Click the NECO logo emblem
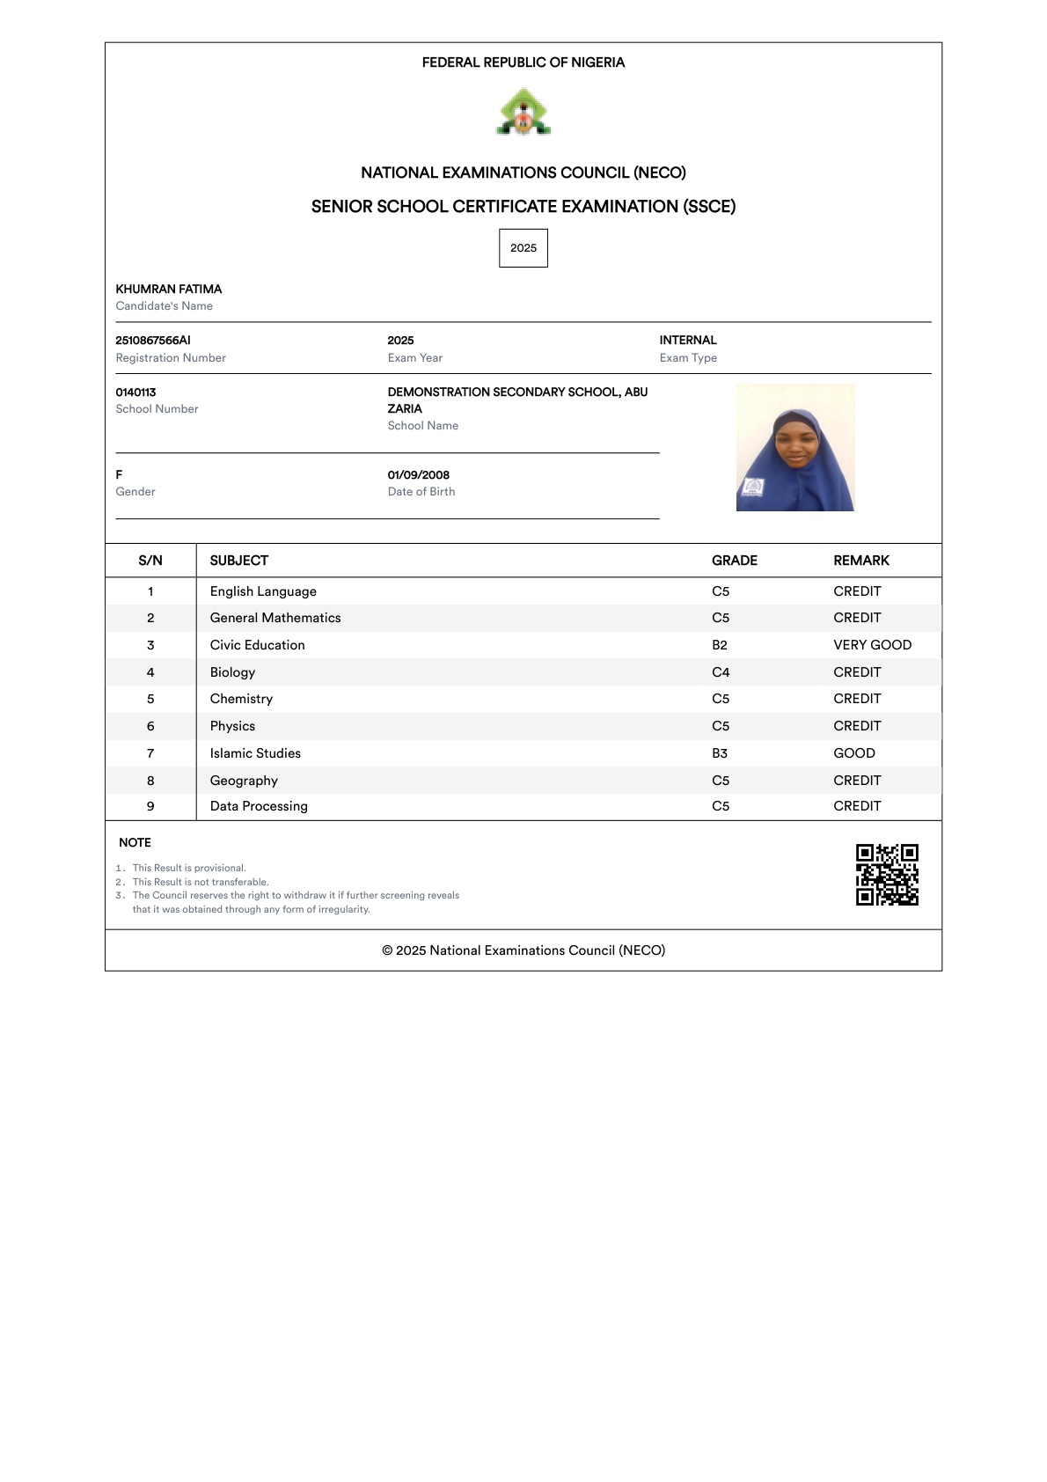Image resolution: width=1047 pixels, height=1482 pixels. tap(523, 113)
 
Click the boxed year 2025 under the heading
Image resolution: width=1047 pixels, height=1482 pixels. tap(523, 248)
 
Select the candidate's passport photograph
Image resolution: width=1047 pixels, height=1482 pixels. tap(795, 447)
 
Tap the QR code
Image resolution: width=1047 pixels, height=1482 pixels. tap(887, 875)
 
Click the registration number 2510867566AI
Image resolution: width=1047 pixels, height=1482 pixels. tap(153, 341)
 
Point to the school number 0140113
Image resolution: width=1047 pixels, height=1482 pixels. tap(135, 393)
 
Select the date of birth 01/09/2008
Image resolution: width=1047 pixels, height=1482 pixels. tap(419, 475)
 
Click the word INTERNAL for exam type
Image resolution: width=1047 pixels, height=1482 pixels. tap(688, 341)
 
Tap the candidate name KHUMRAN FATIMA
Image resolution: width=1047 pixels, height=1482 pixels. tap(169, 290)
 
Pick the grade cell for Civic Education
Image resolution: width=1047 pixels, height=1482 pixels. tap(720, 645)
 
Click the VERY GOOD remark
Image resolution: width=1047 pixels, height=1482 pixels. tap(872, 645)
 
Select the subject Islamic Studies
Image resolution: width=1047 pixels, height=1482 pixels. tap(255, 753)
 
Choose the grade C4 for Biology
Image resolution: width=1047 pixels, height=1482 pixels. tap(721, 672)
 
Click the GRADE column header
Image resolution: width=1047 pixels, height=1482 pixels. tap(735, 561)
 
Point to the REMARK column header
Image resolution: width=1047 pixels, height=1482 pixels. tap(861, 561)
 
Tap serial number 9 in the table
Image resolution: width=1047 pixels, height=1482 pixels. tap(150, 806)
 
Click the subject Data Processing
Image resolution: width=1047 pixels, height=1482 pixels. tap(259, 806)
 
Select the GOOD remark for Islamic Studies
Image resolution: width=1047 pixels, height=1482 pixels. tap(854, 753)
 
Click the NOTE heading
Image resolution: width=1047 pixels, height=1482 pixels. tap(135, 843)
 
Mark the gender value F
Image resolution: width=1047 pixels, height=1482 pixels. tap(120, 475)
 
